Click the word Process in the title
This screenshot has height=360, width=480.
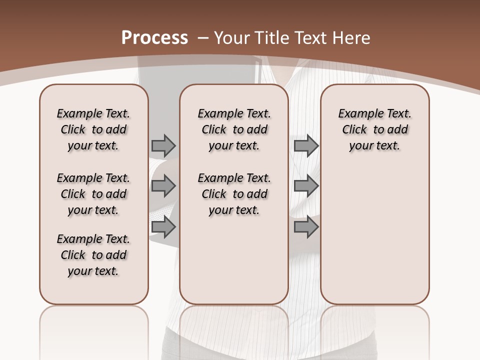pos(155,38)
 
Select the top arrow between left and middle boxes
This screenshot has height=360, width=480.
pos(163,145)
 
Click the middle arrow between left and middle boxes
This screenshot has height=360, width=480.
pos(163,186)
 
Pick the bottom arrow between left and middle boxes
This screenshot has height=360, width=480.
pos(163,227)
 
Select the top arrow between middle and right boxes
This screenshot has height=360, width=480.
pos(306,145)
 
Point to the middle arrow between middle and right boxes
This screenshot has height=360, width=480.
pos(306,186)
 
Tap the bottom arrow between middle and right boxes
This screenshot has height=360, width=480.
pos(306,227)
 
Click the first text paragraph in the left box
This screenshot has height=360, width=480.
pos(93,129)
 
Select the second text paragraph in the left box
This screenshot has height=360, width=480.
pos(93,194)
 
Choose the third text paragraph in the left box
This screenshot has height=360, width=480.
pos(93,255)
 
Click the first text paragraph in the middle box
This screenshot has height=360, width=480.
pos(234,129)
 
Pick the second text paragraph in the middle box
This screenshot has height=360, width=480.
pos(234,194)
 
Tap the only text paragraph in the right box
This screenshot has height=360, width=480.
pos(375,129)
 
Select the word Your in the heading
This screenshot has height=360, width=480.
pos(233,38)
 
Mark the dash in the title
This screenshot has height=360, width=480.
pos(203,38)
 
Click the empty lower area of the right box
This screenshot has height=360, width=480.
pos(375,235)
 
